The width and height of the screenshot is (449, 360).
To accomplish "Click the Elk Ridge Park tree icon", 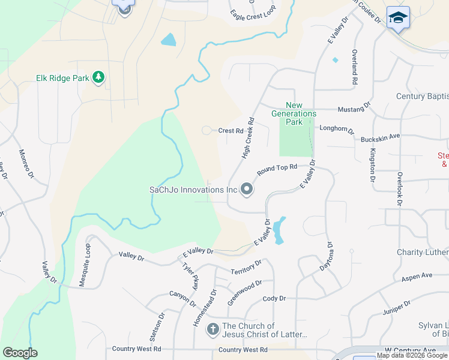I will click(x=98, y=77).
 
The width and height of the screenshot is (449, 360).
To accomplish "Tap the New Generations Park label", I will click(x=294, y=113).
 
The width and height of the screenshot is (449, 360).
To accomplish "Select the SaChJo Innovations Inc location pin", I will click(x=246, y=190).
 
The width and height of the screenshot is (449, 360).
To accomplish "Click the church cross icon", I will click(x=212, y=329).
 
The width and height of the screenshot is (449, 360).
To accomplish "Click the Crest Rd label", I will click(x=231, y=130).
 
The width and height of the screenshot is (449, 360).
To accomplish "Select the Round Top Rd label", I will click(x=277, y=170).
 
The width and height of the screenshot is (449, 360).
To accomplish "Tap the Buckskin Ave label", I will click(x=380, y=137).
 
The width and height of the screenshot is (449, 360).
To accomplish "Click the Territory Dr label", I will click(x=246, y=268).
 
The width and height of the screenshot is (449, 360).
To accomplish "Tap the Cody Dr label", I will click(x=274, y=298).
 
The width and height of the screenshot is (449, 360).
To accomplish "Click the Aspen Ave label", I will click(x=417, y=277).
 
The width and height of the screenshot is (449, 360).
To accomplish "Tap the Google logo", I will click(x=20, y=353).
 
